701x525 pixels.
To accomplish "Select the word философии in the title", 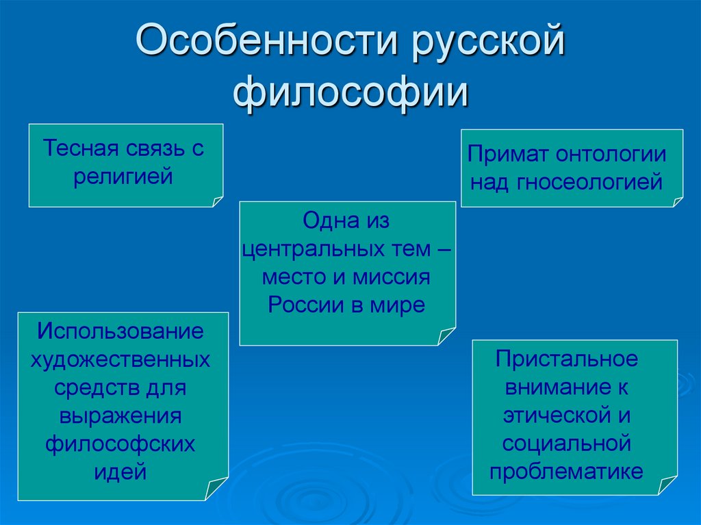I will (x=350, y=93).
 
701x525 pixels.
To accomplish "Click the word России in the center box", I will (x=305, y=305).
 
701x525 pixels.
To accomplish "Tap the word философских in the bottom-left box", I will (x=121, y=444).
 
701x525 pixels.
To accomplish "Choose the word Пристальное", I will (x=567, y=358).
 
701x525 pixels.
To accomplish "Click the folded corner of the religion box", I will (x=218, y=201).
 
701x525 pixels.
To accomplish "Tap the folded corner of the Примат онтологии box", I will (x=678, y=201).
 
